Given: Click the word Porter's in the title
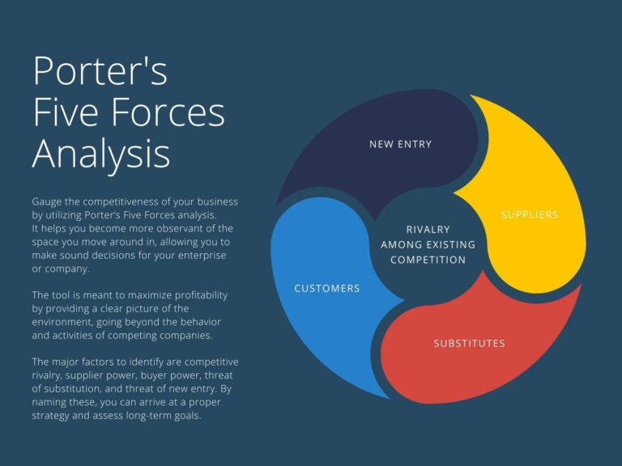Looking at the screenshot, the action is (x=100, y=70).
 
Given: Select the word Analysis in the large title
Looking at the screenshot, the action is (x=101, y=155).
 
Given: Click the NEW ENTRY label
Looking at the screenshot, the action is (x=400, y=144).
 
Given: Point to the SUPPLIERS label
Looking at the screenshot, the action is (x=529, y=214).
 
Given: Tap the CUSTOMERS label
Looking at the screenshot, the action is (x=327, y=289).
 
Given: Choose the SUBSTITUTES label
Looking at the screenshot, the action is (x=469, y=343).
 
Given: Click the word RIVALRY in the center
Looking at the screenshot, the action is (x=428, y=230).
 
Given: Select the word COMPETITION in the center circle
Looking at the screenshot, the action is (x=428, y=260).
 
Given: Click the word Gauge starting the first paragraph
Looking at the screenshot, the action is (x=47, y=202).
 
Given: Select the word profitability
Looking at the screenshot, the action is (x=201, y=295).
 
